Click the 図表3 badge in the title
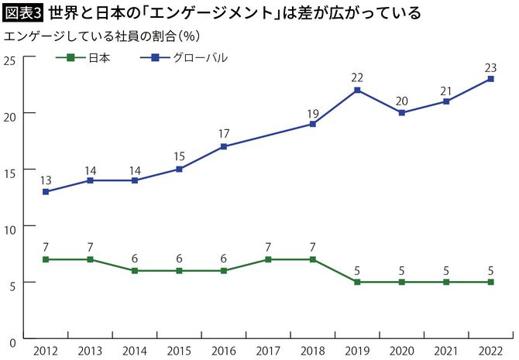(23, 13)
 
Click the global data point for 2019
(357, 90)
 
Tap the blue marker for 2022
(490, 79)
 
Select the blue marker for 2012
(46, 191)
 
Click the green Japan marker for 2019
(357, 282)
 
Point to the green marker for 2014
(135, 270)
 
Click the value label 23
(490, 67)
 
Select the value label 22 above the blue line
(357, 78)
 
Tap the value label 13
(46, 180)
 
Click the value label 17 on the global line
(224, 134)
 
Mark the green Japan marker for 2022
(490, 282)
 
